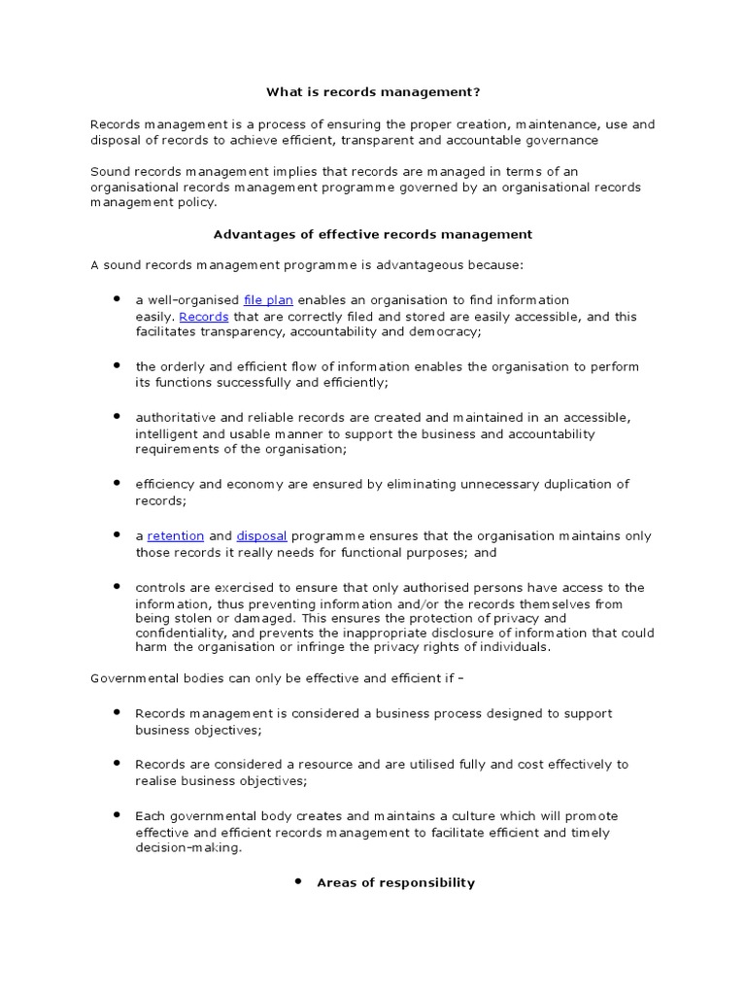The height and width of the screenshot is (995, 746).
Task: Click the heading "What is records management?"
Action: [x=373, y=92]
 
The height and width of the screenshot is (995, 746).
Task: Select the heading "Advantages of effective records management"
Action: [x=372, y=234]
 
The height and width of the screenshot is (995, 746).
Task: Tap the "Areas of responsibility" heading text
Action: [x=395, y=882]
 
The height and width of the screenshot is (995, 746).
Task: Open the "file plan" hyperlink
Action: [x=268, y=300]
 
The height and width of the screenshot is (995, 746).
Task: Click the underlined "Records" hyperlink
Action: [x=204, y=316]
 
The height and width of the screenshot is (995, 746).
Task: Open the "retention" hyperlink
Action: [x=176, y=535]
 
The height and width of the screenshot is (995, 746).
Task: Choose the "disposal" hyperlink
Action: [x=261, y=535]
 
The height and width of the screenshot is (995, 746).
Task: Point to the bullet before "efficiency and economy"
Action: [x=116, y=482]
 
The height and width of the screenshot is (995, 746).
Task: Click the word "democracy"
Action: [x=449, y=331]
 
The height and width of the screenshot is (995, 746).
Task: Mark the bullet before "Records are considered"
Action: [x=116, y=763]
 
